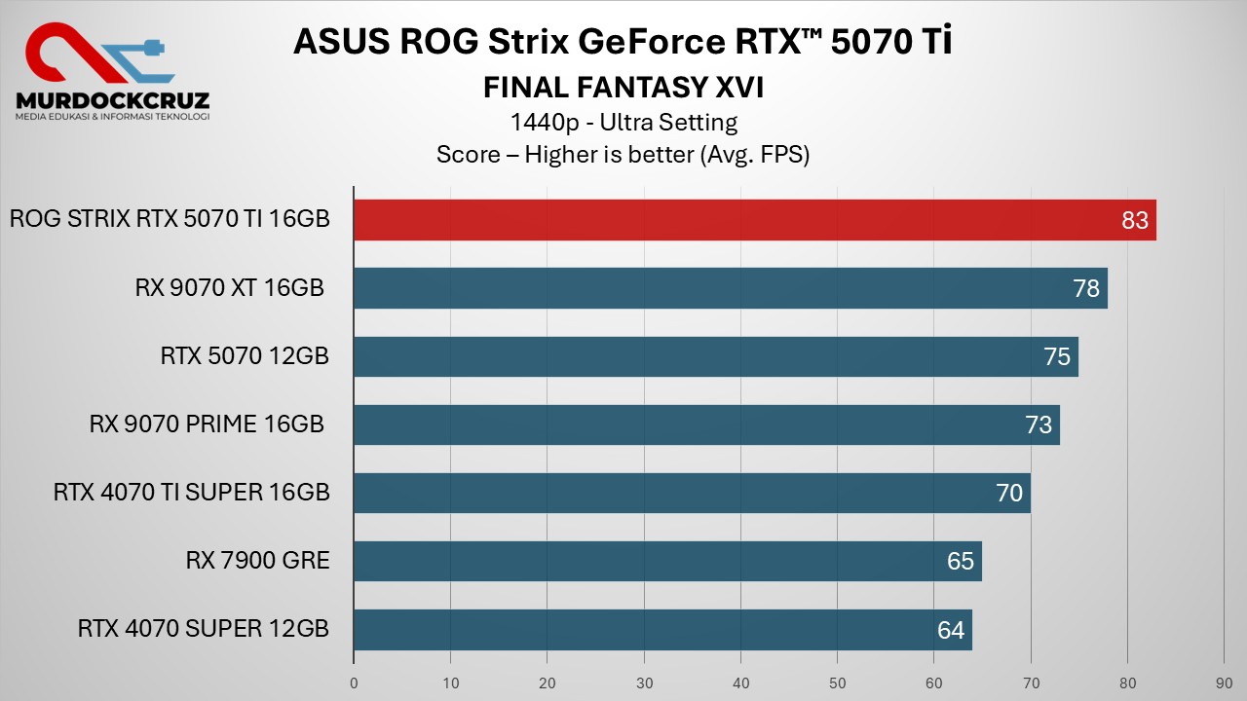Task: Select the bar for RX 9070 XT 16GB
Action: click(730, 288)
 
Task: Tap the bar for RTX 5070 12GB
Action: click(715, 356)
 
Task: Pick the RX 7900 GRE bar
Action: click(667, 561)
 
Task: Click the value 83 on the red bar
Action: click(1135, 221)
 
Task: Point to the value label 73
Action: click(1039, 425)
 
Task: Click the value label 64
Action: click(951, 630)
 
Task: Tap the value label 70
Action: click(1009, 494)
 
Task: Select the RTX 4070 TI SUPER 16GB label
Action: click(191, 493)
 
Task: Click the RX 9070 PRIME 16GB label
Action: click(207, 424)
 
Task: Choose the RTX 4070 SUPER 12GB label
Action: click(203, 629)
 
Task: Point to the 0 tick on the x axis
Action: click(354, 683)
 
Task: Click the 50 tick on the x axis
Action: click(837, 683)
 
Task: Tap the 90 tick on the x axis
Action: click(1224, 683)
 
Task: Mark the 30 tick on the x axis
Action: click(644, 683)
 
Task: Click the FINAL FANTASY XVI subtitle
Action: click(623, 89)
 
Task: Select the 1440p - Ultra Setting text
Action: click(623, 123)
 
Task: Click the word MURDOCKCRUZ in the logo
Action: click(112, 99)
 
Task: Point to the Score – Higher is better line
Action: click(623, 155)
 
